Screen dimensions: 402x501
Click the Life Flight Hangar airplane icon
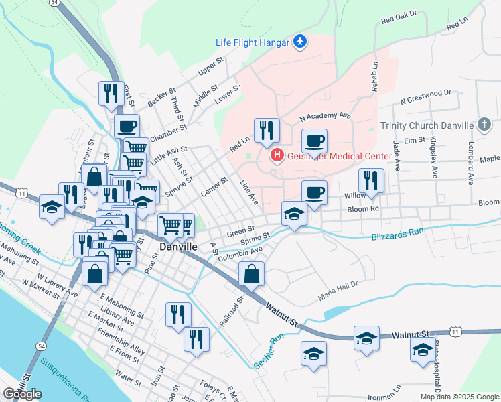300,42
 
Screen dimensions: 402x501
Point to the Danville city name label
178,247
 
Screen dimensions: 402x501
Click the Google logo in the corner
22,394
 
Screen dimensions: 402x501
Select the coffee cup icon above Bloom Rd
314,192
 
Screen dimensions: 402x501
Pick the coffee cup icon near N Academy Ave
314,141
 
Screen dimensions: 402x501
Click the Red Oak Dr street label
399,17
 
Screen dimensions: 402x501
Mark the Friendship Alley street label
121,341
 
